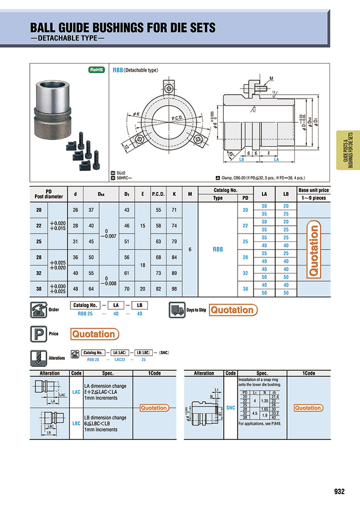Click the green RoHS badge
click(x=97, y=70)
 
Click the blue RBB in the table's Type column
click(x=218, y=250)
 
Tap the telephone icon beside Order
click(x=38, y=310)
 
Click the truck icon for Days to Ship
click(x=176, y=310)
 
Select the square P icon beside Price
click(x=38, y=334)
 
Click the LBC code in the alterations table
click(x=76, y=423)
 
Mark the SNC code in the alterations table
click(x=230, y=407)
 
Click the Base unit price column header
click(x=313, y=194)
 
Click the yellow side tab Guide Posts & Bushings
click(x=347, y=150)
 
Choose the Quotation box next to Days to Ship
click(x=232, y=310)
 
